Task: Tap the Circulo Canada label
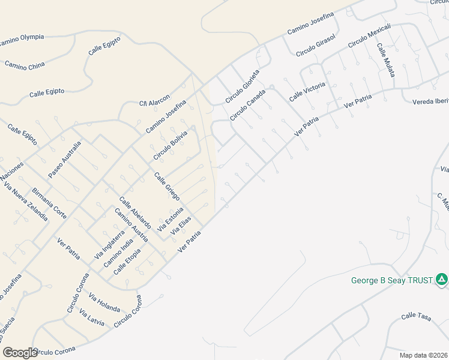247,104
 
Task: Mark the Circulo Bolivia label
170,144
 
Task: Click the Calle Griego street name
167,186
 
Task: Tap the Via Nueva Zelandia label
26,202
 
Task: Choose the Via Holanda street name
104,303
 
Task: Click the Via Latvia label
92,319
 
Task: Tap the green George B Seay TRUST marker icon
441,280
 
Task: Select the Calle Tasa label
417,316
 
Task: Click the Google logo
20,353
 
